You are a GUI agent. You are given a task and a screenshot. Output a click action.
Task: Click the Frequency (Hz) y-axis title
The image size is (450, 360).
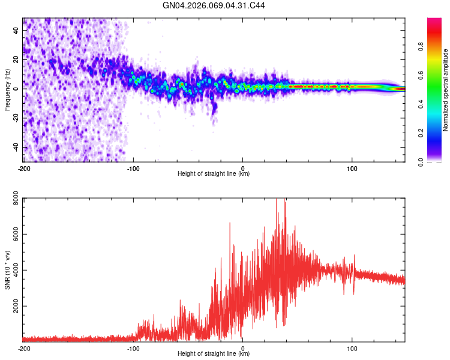(7, 90)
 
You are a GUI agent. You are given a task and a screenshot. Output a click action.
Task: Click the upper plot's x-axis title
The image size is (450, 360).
(214, 174)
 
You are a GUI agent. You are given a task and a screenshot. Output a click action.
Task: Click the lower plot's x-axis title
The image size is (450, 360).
(214, 354)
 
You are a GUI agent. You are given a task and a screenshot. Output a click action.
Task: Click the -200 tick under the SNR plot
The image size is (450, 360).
(24, 348)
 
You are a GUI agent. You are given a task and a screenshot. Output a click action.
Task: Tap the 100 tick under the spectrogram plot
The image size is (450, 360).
(352, 168)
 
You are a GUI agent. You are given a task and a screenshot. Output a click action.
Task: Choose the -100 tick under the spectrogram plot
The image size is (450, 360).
(133, 168)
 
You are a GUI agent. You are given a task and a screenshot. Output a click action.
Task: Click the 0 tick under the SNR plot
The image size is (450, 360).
(242, 348)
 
